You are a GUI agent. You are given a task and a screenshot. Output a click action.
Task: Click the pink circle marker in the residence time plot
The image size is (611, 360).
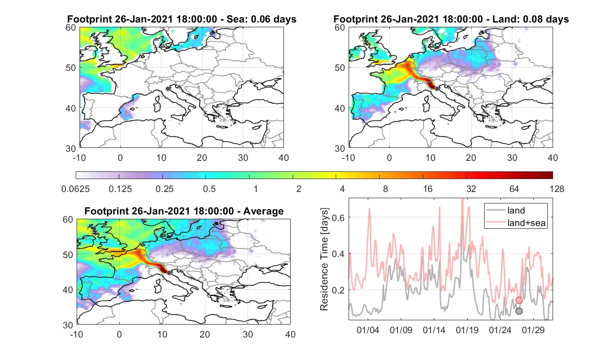click(x=519, y=300)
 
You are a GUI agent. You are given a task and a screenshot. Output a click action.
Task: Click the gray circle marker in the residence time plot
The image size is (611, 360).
click(x=519, y=311)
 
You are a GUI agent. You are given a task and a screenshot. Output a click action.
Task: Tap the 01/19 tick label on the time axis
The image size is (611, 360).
click(x=467, y=330)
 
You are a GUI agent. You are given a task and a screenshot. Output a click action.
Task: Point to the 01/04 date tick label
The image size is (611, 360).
click(x=368, y=330)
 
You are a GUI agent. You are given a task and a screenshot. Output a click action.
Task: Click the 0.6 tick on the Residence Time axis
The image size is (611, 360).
click(x=338, y=217)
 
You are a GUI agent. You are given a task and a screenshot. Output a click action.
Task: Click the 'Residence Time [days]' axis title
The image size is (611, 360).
click(x=324, y=259)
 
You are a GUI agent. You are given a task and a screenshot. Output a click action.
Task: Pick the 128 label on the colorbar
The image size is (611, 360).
click(x=557, y=189)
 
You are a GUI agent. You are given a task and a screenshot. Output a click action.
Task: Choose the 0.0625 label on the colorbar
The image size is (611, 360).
click(x=76, y=189)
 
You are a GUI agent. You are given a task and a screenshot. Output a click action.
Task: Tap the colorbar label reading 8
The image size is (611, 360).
click(x=385, y=189)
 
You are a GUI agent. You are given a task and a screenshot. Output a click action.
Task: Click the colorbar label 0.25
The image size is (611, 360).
click(x=164, y=189)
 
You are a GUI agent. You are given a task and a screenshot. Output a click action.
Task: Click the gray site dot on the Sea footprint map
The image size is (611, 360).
click(x=168, y=89)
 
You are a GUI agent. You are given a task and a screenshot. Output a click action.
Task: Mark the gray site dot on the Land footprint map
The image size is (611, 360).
click(x=437, y=89)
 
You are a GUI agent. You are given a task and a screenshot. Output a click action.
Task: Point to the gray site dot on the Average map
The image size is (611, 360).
click(x=169, y=273)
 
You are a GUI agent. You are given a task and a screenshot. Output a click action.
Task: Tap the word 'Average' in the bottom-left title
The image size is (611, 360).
click(x=263, y=212)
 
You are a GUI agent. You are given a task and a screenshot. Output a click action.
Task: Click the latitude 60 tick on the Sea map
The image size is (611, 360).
click(x=71, y=28)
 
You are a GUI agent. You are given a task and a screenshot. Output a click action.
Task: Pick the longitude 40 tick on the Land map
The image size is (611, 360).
click(x=553, y=157)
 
